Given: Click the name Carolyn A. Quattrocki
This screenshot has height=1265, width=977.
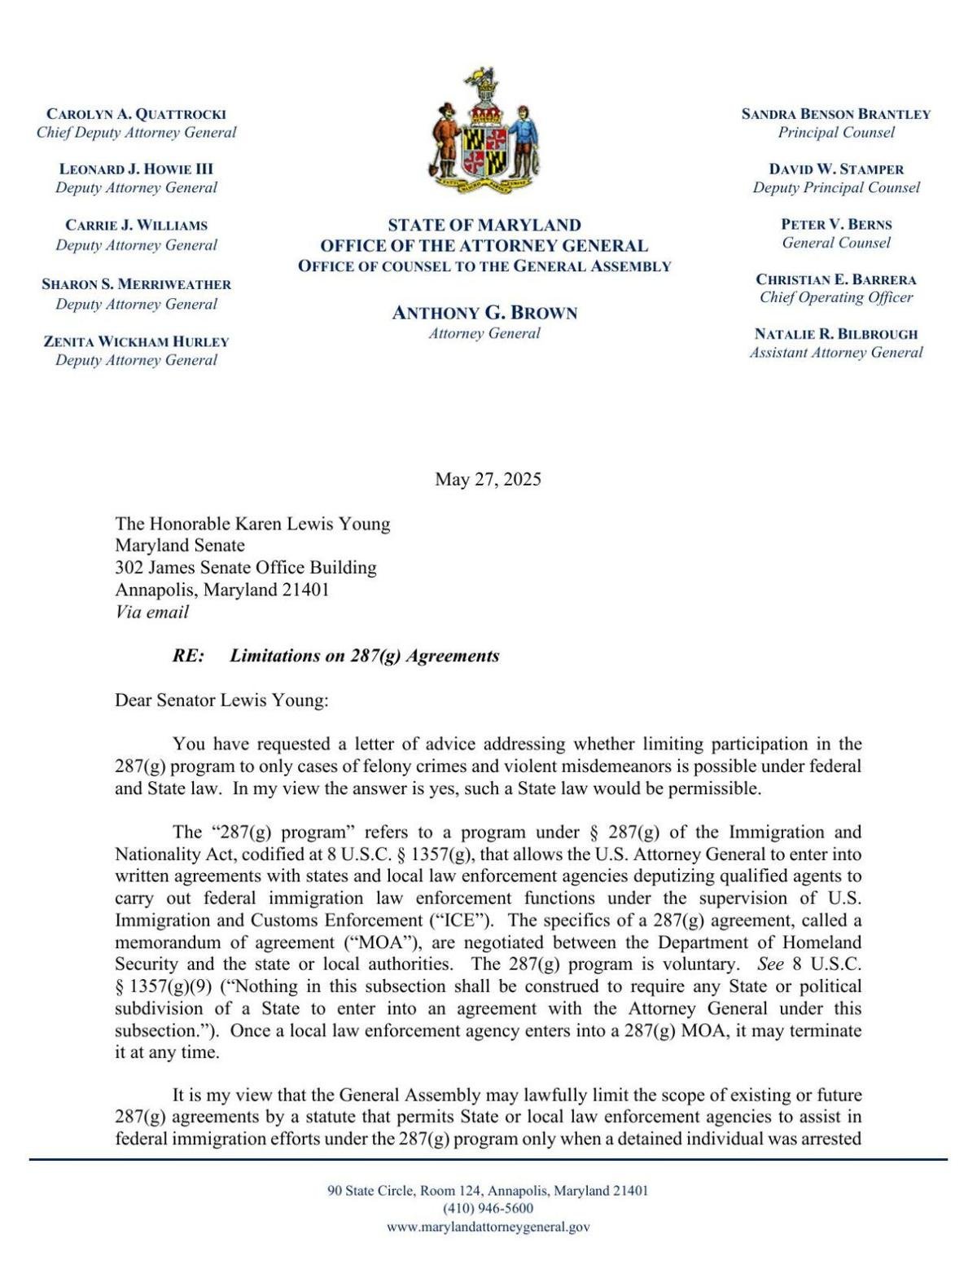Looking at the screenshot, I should (x=136, y=114).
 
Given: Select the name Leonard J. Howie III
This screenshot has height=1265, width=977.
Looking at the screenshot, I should (x=136, y=169).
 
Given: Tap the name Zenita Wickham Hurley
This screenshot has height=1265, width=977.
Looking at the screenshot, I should (x=136, y=341).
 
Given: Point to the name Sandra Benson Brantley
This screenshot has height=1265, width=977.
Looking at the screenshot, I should (x=835, y=114).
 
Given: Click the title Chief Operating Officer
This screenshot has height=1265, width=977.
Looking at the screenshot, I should (x=835, y=297).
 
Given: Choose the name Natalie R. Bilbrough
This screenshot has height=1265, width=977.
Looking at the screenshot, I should (x=835, y=334).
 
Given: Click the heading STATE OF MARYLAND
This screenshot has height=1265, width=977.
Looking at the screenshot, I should (x=484, y=225).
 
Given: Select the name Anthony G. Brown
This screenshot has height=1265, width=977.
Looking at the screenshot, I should (x=484, y=313).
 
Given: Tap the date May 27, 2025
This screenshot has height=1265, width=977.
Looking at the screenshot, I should (x=488, y=479).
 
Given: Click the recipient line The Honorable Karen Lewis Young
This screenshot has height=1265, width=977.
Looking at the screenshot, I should (x=252, y=524).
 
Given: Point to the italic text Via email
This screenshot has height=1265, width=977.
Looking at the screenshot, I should (x=151, y=612).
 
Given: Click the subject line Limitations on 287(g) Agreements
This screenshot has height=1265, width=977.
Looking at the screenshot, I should (x=364, y=656).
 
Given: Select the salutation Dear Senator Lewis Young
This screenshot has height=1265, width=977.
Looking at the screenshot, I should (x=221, y=700).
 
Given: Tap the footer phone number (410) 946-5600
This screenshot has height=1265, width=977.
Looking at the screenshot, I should (x=488, y=1208).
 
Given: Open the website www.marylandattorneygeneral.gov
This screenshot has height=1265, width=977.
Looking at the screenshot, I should (x=488, y=1227).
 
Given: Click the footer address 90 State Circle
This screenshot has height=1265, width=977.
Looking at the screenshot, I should (x=488, y=1190).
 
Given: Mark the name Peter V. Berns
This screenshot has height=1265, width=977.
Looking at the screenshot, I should (x=835, y=225).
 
